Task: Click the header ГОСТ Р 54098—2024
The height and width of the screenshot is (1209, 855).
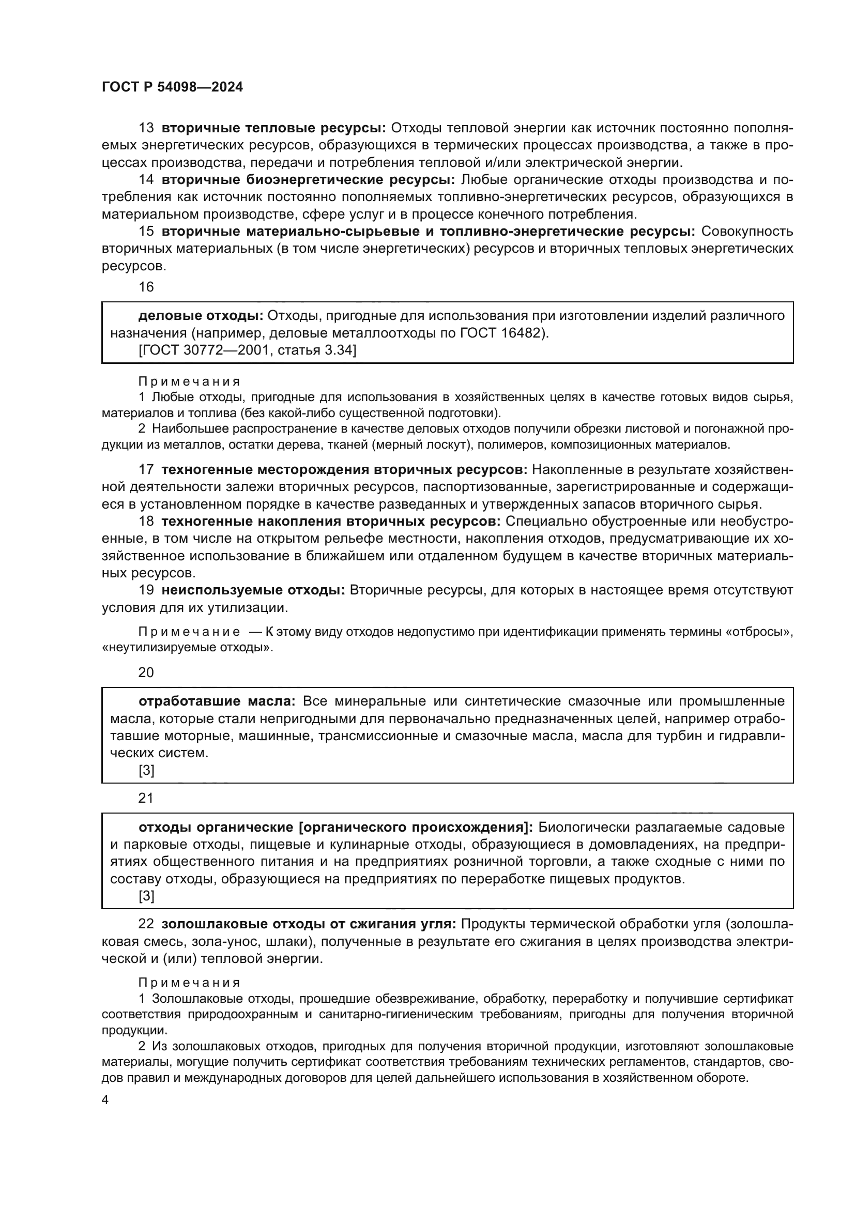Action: coord(172,87)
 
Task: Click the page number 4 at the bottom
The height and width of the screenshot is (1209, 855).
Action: coord(105,1100)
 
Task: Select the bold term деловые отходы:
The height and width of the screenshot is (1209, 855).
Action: coord(201,316)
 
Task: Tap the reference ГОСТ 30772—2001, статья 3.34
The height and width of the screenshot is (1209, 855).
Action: coord(247,349)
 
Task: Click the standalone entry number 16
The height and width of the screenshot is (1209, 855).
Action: coord(146,287)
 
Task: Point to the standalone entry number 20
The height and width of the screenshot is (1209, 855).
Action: coord(146,672)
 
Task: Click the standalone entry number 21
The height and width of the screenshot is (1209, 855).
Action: coord(146,798)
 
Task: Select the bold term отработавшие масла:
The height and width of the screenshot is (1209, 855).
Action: coord(218,701)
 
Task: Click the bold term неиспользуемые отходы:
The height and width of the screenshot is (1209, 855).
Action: coord(253,590)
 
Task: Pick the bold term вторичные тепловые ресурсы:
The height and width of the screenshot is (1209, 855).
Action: coord(274,128)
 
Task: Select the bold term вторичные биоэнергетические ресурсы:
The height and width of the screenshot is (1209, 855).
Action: coord(308,179)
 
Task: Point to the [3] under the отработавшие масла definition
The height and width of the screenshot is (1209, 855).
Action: coord(146,770)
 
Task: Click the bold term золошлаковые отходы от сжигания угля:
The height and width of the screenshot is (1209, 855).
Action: coord(311,924)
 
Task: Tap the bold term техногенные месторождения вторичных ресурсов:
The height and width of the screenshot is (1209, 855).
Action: coord(344,470)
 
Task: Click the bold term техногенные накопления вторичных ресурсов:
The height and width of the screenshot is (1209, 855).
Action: coord(331,522)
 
